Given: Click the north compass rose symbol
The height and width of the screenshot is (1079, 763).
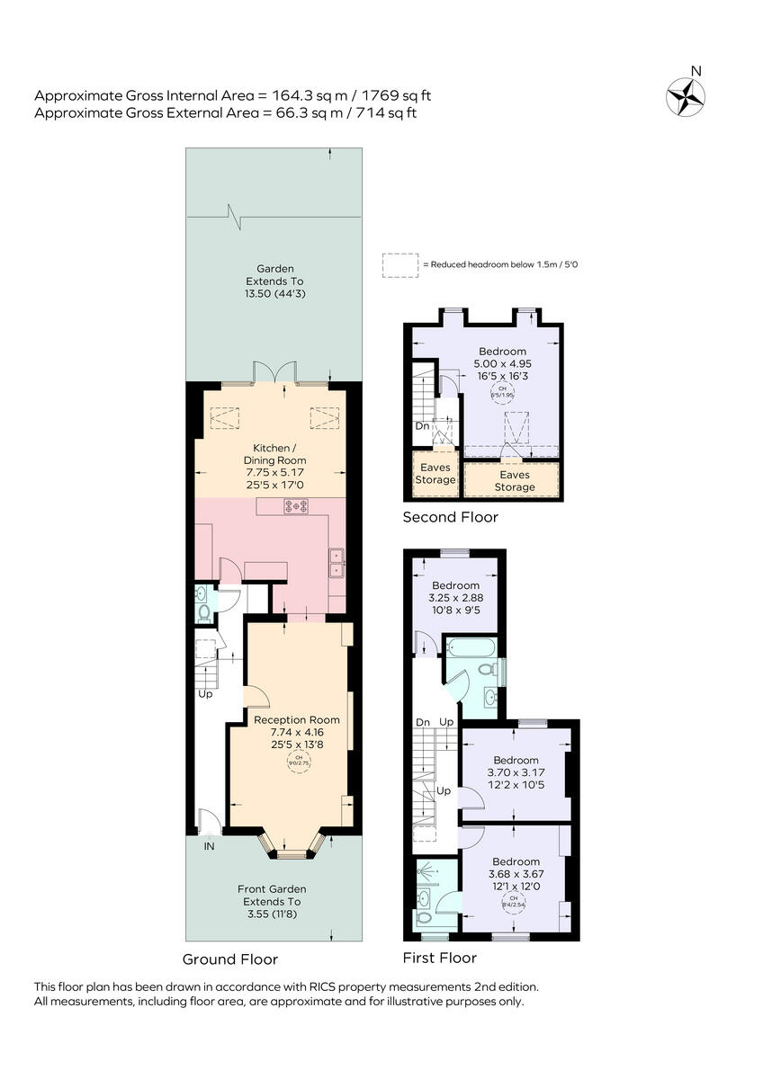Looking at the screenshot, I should click(686, 94).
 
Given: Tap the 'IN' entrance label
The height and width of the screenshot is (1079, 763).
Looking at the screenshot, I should click(209, 846).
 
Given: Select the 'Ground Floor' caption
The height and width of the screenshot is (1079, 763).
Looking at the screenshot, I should click(230, 959).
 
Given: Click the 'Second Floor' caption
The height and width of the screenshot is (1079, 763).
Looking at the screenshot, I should click(450, 517).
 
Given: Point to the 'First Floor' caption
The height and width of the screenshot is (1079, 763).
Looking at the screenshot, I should click(440, 958).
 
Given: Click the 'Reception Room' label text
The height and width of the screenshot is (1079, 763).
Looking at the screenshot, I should click(297, 719).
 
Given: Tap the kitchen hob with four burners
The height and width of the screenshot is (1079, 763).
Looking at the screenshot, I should click(295, 507).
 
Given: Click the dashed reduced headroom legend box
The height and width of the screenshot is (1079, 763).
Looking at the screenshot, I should click(399, 265).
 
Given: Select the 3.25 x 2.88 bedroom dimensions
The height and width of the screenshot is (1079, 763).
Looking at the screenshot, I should click(454, 598).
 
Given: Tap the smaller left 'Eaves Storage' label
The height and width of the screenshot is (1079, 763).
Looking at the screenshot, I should click(435, 473).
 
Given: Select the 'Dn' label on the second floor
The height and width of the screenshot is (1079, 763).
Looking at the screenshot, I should click(422, 426).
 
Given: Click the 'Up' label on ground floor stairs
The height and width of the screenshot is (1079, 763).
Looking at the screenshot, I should click(206, 694).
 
